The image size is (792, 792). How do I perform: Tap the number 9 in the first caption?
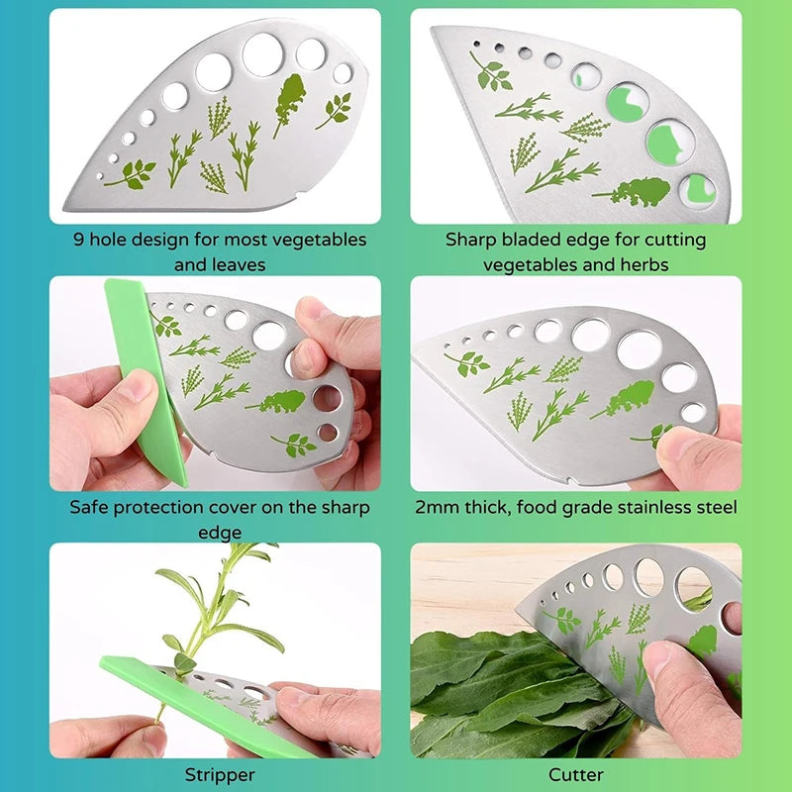(78, 240)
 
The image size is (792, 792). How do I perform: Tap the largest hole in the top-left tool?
(262, 54)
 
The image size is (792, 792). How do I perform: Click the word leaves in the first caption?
(235, 264)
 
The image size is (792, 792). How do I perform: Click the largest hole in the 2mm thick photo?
(639, 347)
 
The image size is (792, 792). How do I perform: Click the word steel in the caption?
(715, 507)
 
